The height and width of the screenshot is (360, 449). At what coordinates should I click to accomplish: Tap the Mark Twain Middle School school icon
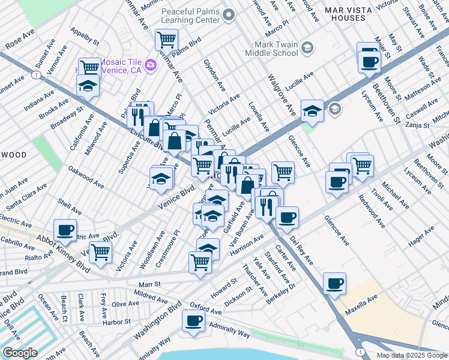coord(307,48)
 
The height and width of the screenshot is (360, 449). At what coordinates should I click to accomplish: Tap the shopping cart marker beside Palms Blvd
coord(166,40)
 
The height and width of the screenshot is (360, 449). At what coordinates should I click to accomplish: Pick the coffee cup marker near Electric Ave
coord(65,229)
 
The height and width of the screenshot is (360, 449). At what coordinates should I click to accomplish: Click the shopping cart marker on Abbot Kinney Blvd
coord(100,253)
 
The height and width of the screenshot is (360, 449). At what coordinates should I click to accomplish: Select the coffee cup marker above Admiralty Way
coord(193,321)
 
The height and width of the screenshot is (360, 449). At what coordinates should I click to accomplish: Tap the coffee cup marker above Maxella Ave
coord(334,283)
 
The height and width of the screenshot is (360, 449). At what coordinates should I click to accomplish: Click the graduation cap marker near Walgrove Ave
coord(312,110)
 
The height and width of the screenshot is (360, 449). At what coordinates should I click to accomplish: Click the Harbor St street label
coord(116,322)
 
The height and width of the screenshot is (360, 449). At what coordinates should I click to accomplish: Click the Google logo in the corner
coord(20,353)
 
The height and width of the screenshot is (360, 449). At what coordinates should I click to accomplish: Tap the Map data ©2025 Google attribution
coord(411,355)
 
